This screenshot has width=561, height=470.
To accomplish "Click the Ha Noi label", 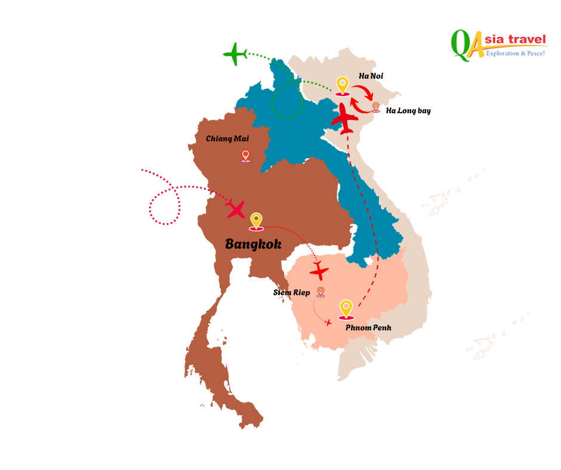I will point(371,76).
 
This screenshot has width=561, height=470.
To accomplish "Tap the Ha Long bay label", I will point(408,110).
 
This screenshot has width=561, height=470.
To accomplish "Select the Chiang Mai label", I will point(227,138).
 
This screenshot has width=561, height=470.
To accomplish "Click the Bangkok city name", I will point(253,243).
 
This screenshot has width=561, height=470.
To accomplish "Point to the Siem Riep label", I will point(291,292).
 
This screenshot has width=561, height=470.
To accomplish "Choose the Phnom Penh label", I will point(368,327).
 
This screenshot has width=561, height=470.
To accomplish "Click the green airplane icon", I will point(235,54).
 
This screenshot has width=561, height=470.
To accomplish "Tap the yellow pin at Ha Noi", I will point(342,85).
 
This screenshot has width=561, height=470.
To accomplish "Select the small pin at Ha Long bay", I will point(375,107).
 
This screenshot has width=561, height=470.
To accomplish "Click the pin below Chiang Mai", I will point(245,156).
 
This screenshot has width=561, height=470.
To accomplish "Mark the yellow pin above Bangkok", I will point(256,221).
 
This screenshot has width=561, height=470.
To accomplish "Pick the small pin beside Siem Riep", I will point(320,291).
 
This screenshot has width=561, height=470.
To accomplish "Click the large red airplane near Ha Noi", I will point(344,118).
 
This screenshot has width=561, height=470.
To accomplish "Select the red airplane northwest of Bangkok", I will point(235,208).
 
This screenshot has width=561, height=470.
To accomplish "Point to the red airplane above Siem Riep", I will point(319,271).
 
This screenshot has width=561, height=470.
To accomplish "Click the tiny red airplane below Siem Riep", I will point(328,323).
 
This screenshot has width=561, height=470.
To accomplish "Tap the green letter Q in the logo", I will point(460,45).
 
